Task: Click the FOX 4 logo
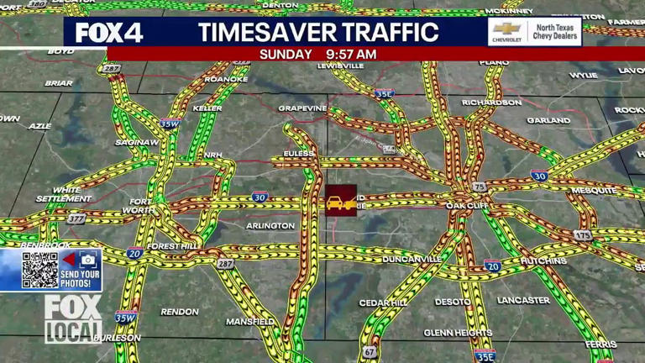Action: pyautogui.click(x=109, y=33)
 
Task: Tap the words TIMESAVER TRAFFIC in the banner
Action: pyautogui.click(x=318, y=33)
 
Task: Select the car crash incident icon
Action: pyautogui.click(x=341, y=201)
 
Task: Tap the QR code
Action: pyautogui.click(x=39, y=270)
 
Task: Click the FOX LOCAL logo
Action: pyautogui.click(x=73, y=318)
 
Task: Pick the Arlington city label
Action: pyautogui.click(x=270, y=225)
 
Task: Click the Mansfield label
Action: pyautogui.click(x=249, y=322)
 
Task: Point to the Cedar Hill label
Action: pyautogui.click(x=382, y=302)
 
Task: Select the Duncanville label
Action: pyautogui.click(x=412, y=260)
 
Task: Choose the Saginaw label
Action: pyautogui.click(x=136, y=142)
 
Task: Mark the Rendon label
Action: pyautogui.click(x=180, y=311)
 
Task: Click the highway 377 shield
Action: pyautogui.click(x=76, y=218)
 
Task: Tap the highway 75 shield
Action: pyautogui.click(x=479, y=187)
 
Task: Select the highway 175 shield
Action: pyautogui.click(x=582, y=234)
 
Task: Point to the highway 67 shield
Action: pyautogui.click(x=370, y=352)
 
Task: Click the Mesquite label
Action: pyautogui.click(x=593, y=190)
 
